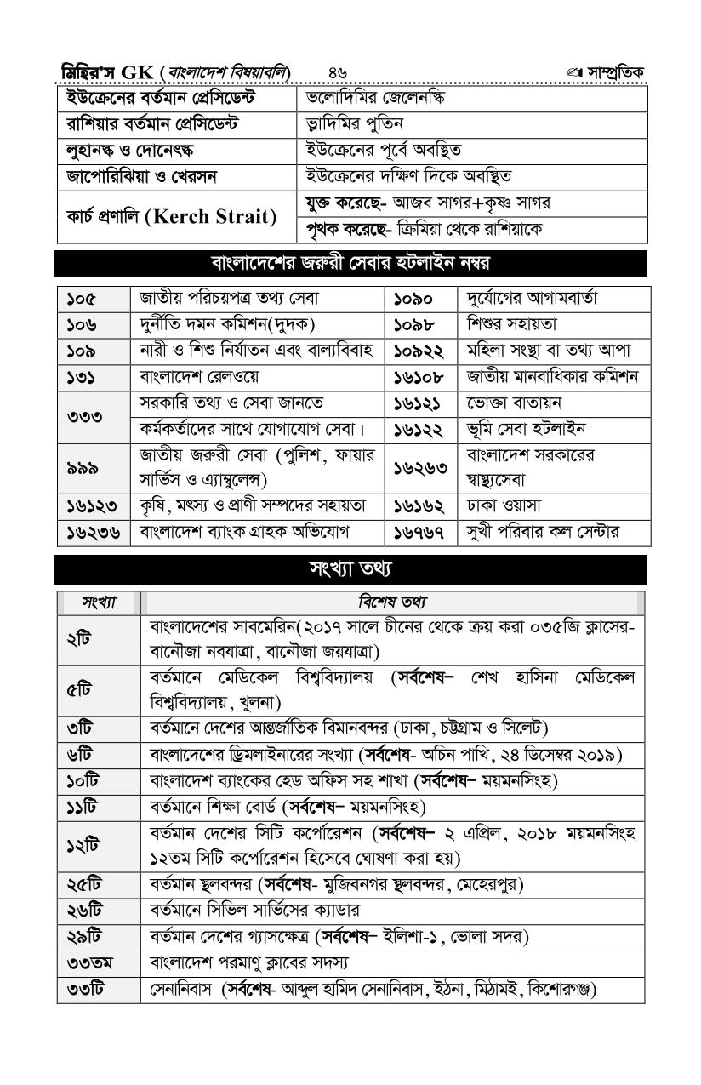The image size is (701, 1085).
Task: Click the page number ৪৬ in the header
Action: coord(337,71)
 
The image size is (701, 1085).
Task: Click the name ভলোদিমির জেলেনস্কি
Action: coord(374,99)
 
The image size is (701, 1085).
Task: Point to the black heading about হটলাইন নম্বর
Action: coord(350,263)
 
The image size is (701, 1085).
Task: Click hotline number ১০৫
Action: coord(82,299)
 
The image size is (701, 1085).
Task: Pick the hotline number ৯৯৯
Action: coord(81,467)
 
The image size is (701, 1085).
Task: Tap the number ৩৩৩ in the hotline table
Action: coord(81,416)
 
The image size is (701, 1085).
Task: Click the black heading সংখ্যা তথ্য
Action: coord(350,568)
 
